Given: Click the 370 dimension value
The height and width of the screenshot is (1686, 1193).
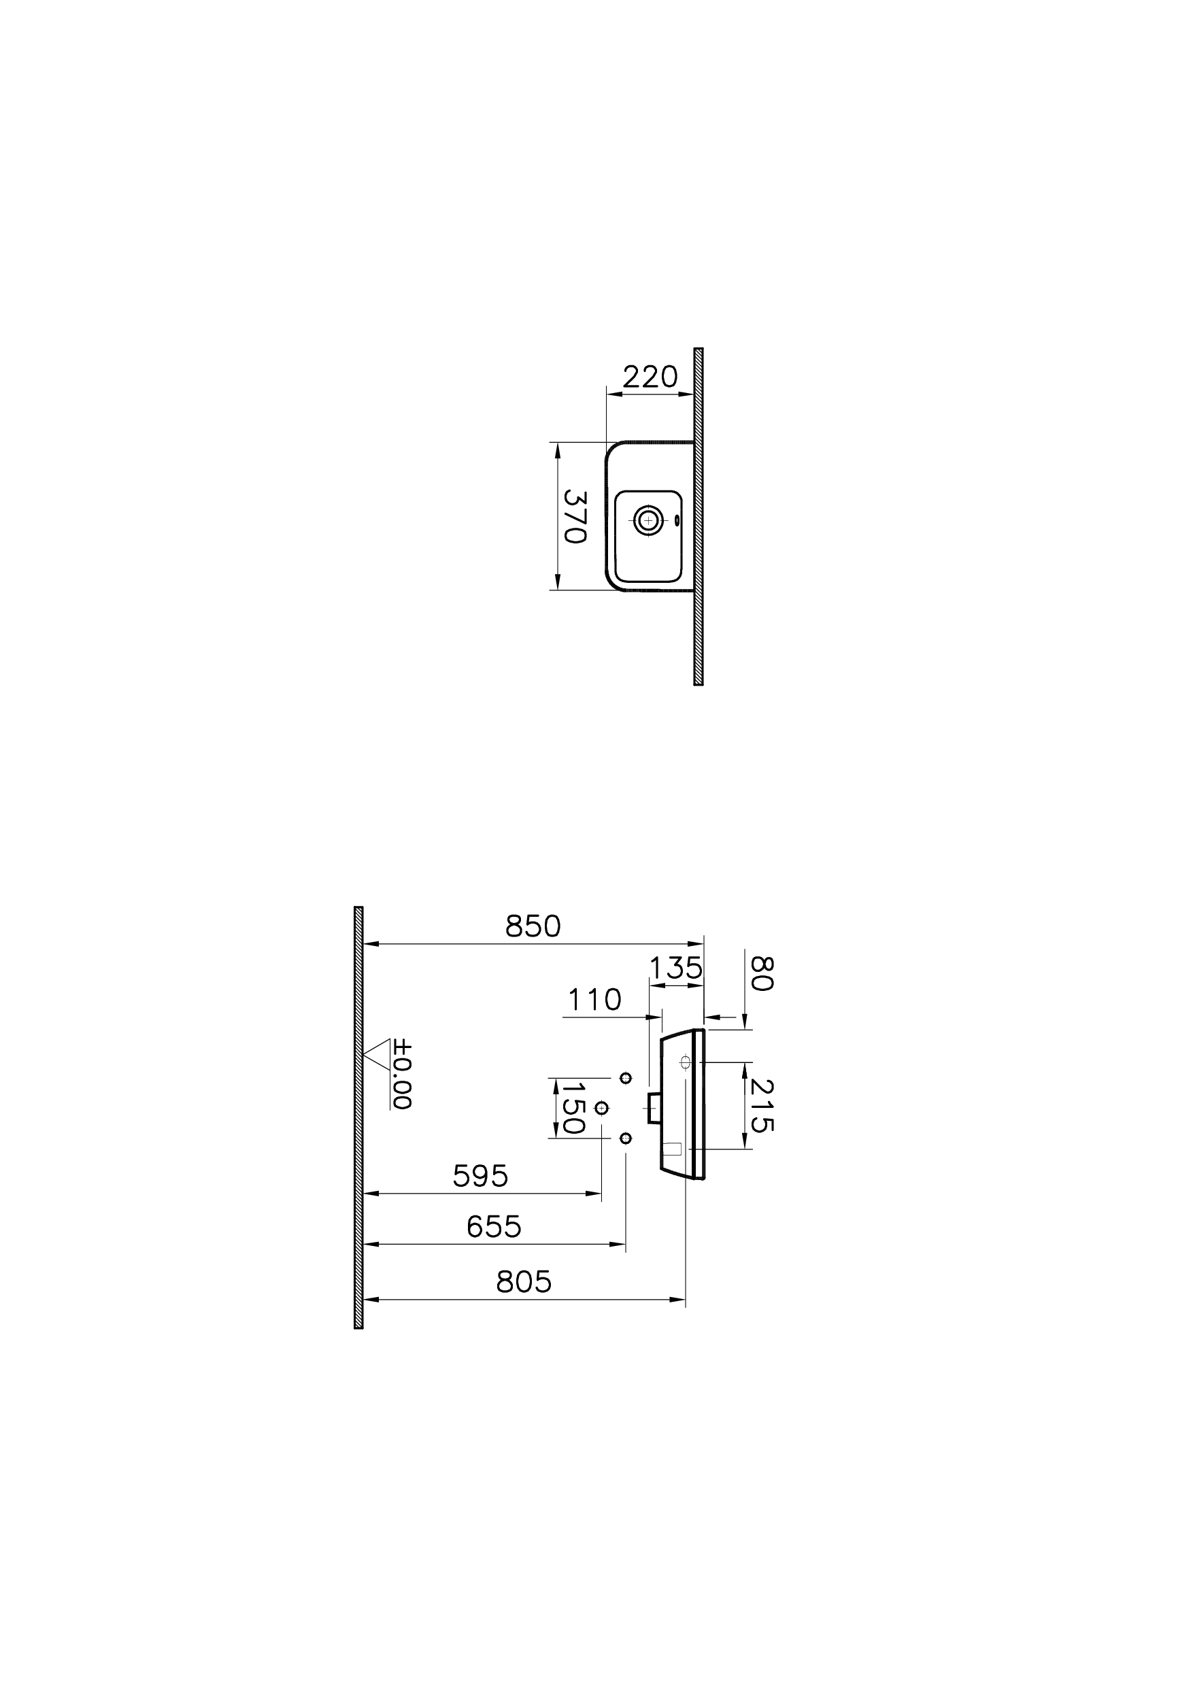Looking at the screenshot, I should pyautogui.click(x=574, y=516).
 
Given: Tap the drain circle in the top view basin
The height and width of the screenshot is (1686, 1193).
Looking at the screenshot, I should pyautogui.click(x=648, y=520).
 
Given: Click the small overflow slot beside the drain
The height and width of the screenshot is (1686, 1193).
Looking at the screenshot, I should pyautogui.click(x=677, y=520).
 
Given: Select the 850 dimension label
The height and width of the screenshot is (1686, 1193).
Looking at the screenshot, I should pyautogui.click(x=533, y=926).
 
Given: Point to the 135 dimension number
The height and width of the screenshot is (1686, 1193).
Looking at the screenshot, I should pyautogui.click(x=676, y=968).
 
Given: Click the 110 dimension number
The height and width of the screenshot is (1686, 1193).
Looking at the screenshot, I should pyautogui.click(x=594, y=999).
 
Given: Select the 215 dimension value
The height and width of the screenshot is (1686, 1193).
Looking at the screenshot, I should pyautogui.click(x=762, y=1106).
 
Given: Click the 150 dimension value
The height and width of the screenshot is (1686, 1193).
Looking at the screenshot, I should pyautogui.click(x=572, y=1108).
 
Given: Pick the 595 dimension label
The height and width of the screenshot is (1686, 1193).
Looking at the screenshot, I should pyautogui.click(x=480, y=1176).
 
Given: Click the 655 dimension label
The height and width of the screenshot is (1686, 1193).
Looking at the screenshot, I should pyautogui.click(x=494, y=1226).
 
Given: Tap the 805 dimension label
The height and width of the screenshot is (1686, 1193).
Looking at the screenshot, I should pyautogui.click(x=523, y=1281).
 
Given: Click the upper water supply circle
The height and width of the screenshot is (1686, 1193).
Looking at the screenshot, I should pyautogui.click(x=626, y=1078).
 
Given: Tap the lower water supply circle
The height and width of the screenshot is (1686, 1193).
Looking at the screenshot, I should pyautogui.click(x=626, y=1138).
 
